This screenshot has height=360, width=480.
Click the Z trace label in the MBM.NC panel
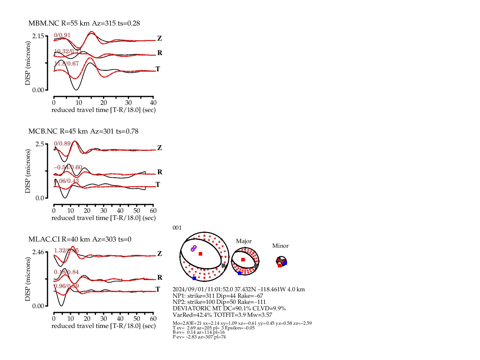point(159,39)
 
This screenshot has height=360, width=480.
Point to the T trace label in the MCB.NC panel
point(158,185)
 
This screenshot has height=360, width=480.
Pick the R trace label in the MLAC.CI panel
point(160,278)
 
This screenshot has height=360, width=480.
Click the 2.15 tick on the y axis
point(38,36)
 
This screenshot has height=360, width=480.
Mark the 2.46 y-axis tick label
point(38,252)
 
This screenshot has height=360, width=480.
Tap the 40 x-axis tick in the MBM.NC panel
point(153,103)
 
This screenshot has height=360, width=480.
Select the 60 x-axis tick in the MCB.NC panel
point(153,211)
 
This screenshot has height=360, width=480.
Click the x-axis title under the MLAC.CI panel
point(104,326)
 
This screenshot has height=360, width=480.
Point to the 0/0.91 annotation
point(62,35)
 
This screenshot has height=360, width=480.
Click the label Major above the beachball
point(244,241)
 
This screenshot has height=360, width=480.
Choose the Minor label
point(280,246)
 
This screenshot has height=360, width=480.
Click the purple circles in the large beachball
point(194,248)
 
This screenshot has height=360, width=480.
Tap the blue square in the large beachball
point(194,278)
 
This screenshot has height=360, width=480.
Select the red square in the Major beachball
point(243,260)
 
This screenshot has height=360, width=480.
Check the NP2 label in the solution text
point(178,302)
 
